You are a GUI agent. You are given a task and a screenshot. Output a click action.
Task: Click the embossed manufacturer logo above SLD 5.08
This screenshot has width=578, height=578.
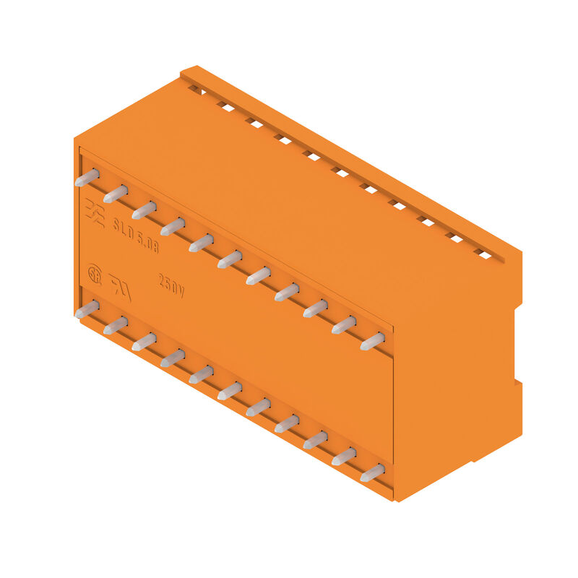click(x=95, y=210)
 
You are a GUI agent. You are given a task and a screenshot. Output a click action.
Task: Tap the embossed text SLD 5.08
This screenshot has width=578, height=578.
click(x=136, y=236)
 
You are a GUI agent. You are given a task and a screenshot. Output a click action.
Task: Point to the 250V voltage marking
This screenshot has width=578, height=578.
click(x=171, y=286)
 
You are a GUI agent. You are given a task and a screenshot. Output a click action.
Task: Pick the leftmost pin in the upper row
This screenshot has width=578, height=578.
click(x=87, y=178)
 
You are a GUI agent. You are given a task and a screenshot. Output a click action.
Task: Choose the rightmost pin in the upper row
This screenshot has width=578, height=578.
click(x=372, y=341)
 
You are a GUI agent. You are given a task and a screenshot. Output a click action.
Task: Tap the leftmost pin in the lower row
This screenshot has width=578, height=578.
click(x=87, y=310)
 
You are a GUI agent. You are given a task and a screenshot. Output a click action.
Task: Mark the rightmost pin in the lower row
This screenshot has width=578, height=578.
click(x=372, y=473)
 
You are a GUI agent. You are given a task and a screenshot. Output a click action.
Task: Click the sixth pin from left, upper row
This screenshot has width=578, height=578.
click(x=230, y=259)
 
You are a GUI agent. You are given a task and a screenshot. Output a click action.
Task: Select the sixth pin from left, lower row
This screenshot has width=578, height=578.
click(x=230, y=392)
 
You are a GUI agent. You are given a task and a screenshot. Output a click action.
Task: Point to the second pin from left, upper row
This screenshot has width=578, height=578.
click(x=116, y=194)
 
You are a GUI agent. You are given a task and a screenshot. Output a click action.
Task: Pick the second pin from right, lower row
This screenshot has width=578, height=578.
click(x=343, y=457)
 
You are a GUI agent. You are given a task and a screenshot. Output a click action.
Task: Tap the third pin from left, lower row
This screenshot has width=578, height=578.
click(x=144, y=342)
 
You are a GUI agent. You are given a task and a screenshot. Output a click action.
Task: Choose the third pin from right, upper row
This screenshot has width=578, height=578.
click(x=315, y=309)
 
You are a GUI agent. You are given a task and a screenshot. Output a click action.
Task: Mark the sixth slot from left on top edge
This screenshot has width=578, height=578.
click(x=340, y=172)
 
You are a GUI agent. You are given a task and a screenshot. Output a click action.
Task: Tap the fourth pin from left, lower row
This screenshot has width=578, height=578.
click(x=172, y=358)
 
